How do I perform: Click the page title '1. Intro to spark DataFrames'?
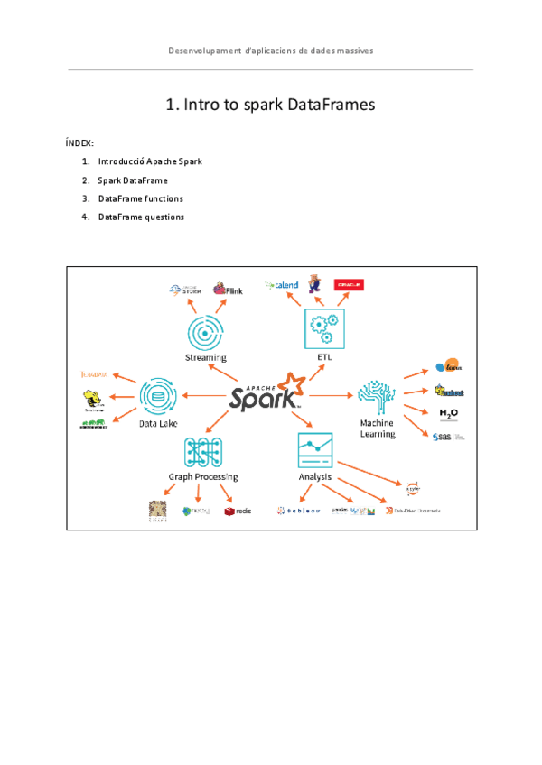click(270, 106)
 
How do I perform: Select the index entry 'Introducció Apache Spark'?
click(150, 162)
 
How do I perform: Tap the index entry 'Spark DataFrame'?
click(133, 180)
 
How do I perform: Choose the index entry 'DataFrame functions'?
click(141, 198)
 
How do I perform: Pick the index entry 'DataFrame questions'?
click(141, 217)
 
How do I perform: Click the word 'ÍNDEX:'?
click(79, 143)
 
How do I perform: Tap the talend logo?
click(282, 286)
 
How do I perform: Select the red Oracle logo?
click(348, 285)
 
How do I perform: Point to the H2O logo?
click(449, 414)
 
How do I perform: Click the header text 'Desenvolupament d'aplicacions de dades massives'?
click(270, 51)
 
